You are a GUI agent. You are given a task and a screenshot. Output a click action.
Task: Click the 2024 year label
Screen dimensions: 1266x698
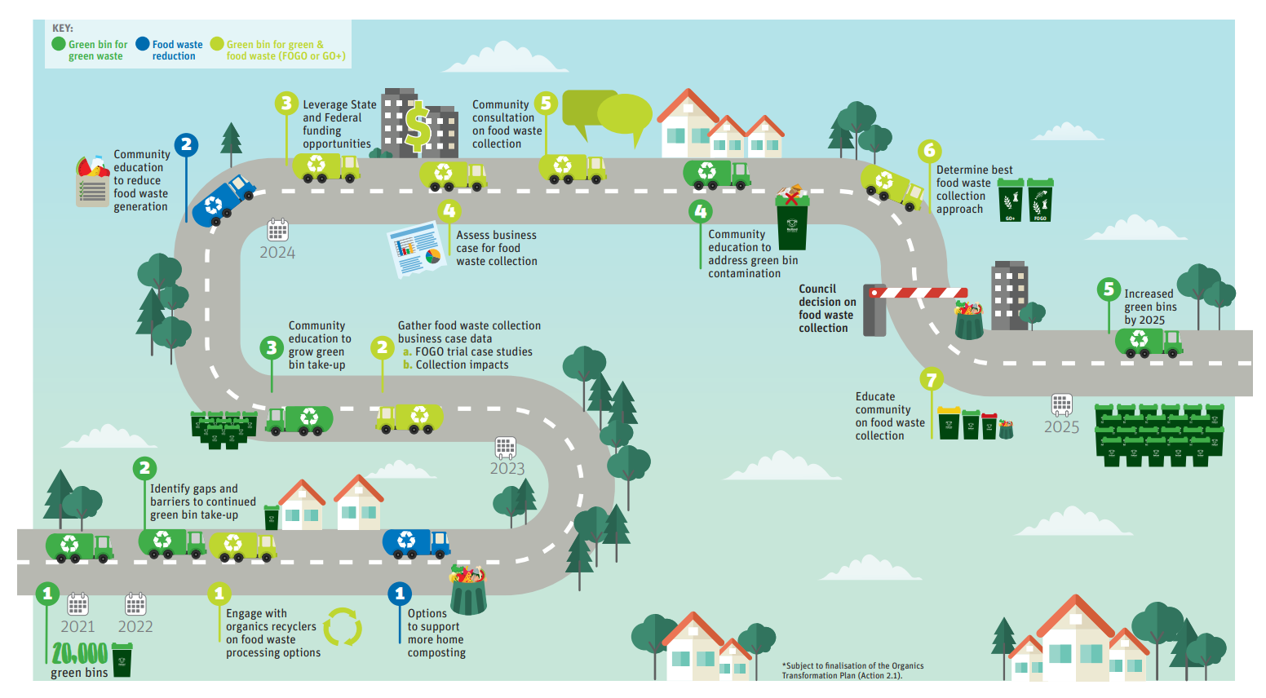[x=277, y=252]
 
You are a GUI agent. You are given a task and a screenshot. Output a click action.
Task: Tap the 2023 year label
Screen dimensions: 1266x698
[x=507, y=469]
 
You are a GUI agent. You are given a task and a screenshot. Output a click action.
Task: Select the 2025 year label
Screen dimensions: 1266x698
[x=1061, y=426]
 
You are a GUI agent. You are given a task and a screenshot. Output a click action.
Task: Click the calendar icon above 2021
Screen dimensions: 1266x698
[x=77, y=604]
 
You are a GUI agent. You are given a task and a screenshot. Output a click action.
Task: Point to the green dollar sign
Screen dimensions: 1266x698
[x=418, y=126]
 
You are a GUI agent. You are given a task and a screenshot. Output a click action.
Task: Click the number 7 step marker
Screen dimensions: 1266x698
[x=932, y=378]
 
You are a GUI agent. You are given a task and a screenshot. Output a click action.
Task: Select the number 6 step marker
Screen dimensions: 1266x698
[x=930, y=150]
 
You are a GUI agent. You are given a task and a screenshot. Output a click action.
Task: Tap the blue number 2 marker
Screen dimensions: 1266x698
[x=186, y=144]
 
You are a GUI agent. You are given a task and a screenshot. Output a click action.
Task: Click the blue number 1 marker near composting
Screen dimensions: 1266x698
[x=400, y=594]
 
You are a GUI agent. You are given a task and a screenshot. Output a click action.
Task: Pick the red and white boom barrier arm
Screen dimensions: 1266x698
[x=919, y=292]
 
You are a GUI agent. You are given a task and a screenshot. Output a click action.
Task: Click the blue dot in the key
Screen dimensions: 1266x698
[x=143, y=43]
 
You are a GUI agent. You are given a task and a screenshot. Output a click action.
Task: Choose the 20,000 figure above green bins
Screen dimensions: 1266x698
[x=80, y=654]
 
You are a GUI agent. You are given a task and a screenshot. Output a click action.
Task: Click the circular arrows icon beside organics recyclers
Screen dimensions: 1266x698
[x=342, y=627]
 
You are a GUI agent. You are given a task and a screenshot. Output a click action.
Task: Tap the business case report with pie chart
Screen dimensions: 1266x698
[x=415, y=250]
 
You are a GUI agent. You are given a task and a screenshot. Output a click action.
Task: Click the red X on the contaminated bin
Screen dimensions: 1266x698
[x=791, y=198]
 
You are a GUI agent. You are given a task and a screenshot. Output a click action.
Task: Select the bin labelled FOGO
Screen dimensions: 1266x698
[x=1040, y=200]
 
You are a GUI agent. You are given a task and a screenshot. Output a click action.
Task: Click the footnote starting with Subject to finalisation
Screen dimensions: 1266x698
[x=853, y=670]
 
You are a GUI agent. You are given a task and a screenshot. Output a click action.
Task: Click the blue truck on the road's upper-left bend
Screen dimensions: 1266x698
[x=224, y=200]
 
